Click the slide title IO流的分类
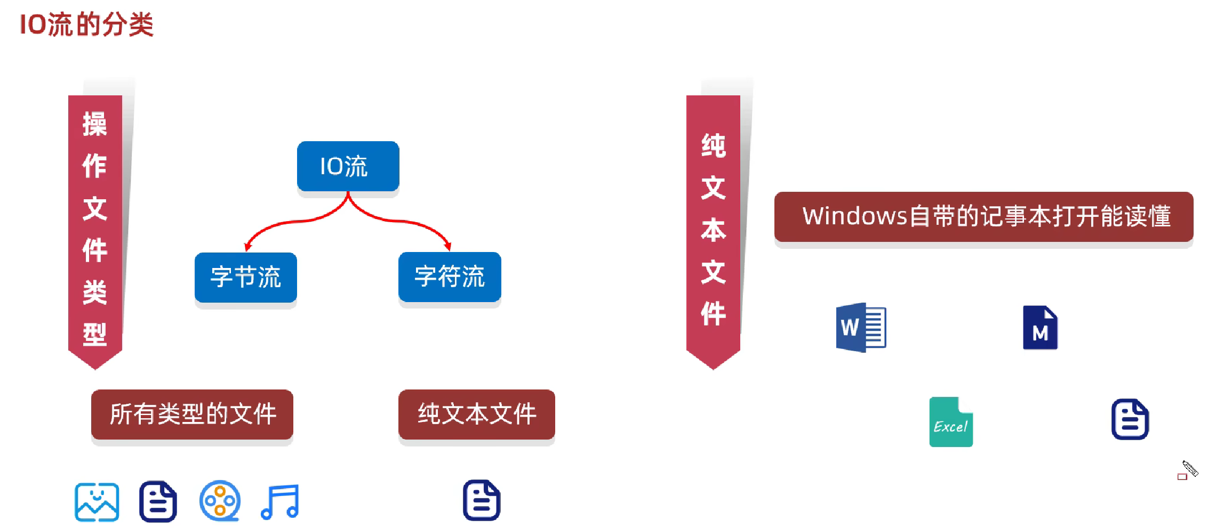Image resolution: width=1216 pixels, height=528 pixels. (86, 25)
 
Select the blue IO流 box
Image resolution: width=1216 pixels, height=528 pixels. (348, 166)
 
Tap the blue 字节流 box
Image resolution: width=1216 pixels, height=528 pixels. (245, 277)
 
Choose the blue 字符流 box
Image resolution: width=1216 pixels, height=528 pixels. (450, 277)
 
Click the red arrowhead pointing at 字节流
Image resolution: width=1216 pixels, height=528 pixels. (248, 246)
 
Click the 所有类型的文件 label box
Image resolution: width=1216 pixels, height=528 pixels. (192, 414)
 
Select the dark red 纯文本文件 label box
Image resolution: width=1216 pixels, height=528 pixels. (476, 414)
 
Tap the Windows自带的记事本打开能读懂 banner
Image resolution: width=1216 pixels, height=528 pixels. (983, 216)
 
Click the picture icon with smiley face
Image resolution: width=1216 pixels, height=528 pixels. (97, 502)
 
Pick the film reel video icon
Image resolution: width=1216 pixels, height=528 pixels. (220, 501)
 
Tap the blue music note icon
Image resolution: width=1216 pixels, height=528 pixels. (281, 501)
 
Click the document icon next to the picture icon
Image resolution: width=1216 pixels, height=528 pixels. (158, 501)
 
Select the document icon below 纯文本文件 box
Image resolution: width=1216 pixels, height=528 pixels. (482, 500)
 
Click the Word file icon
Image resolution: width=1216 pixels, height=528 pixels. (861, 327)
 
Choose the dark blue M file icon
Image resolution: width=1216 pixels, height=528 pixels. (1040, 328)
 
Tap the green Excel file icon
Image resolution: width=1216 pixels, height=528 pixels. (951, 422)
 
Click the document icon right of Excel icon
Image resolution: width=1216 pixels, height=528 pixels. (1130, 419)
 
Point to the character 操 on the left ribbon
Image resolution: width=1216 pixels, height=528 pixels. (95, 124)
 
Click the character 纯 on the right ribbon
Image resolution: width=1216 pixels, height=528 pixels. (713, 146)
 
